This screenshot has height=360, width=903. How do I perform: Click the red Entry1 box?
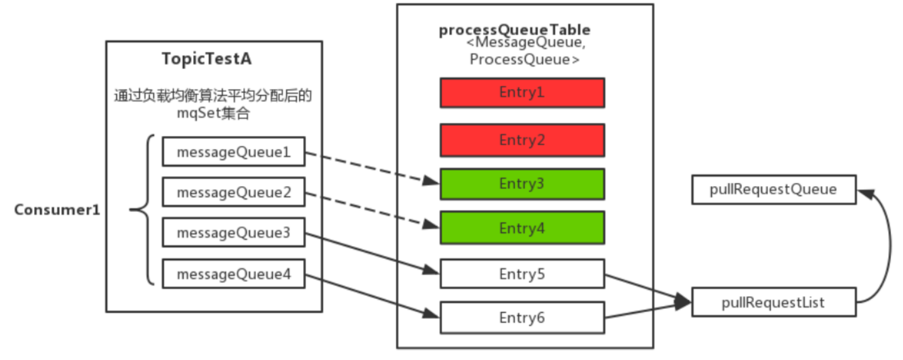tap(522, 93)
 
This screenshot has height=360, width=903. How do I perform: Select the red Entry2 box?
tap(522, 140)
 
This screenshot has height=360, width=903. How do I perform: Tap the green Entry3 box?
tap(522, 184)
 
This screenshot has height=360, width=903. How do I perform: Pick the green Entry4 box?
tap(522, 228)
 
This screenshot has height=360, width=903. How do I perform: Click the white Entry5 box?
tap(522, 274)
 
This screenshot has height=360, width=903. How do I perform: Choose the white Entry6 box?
tap(522, 317)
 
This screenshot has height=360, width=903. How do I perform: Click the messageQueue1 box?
tap(234, 152)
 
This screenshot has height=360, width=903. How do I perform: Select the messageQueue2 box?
tap(234, 192)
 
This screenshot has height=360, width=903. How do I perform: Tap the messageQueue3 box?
tap(234, 232)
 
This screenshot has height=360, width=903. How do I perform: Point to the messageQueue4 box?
tap(234, 274)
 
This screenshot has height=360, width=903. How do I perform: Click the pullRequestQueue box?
tap(774, 190)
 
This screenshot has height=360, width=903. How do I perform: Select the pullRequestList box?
tap(774, 302)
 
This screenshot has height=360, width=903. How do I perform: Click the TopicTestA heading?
tap(207, 59)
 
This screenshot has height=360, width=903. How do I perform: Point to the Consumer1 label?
tap(57, 210)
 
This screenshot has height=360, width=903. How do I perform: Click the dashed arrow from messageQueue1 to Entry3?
tap(372, 168)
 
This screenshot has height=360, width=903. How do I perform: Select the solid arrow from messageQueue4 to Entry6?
tap(372, 296)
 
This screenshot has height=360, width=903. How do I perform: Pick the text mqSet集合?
tap(213, 113)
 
